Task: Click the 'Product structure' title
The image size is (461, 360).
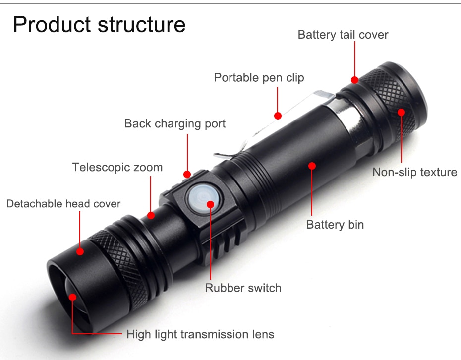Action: click(99, 25)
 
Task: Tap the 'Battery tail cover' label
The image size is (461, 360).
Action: click(343, 35)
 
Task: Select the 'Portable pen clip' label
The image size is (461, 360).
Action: click(259, 78)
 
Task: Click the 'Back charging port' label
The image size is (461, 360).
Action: click(175, 123)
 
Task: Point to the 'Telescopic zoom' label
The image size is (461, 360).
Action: click(117, 167)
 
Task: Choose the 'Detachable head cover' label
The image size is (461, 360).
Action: click(63, 204)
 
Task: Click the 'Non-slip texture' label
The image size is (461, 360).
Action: click(414, 172)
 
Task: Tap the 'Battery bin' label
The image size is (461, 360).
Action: click(335, 225)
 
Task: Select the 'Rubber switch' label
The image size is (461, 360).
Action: click(243, 288)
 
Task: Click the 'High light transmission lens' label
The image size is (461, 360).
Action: click(200, 334)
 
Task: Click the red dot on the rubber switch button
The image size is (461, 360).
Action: click(211, 204)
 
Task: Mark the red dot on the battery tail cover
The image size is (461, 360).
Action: click(355, 80)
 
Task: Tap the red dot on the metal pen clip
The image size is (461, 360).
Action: click(278, 116)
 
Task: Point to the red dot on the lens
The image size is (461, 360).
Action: click(72, 298)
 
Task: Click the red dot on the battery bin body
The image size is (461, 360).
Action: click(312, 166)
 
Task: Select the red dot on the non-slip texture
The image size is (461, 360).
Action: click(401, 112)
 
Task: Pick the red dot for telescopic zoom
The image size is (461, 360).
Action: click(151, 216)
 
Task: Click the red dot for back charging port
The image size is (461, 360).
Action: click(187, 174)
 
